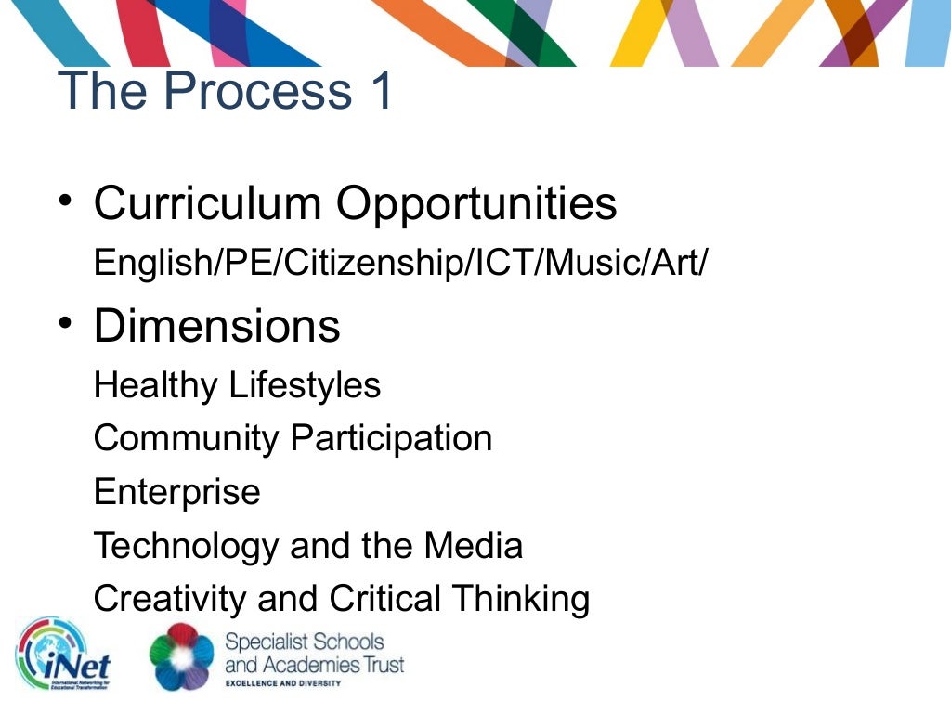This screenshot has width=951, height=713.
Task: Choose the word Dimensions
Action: click(217, 326)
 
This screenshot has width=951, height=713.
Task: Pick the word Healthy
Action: click(155, 385)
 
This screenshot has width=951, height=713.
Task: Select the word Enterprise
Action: click(177, 492)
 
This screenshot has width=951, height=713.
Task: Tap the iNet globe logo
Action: click(63, 655)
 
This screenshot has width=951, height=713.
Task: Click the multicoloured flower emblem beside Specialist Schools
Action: click(182, 655)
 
